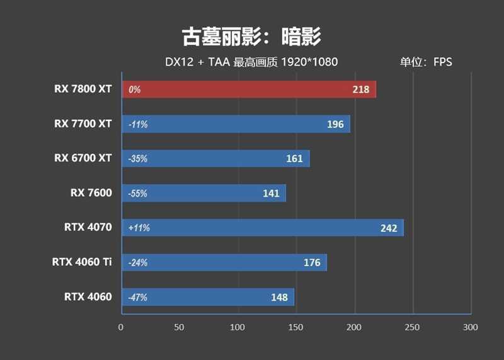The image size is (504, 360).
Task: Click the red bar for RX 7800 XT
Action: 248,90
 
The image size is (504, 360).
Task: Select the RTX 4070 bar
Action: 262,228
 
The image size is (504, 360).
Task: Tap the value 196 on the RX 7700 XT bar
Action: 335,124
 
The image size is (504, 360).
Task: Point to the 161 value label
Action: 294,158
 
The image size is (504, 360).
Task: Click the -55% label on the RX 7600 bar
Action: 137,194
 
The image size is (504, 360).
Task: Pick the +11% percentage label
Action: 139,228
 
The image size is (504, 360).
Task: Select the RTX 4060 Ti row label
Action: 82,262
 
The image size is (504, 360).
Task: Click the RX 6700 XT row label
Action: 83,158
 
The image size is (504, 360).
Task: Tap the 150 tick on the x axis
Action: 295,327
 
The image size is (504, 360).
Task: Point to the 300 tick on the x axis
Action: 470,327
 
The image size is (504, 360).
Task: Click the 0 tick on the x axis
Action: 121,327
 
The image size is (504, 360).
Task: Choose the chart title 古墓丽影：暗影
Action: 251,37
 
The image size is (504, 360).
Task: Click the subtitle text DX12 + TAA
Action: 189,62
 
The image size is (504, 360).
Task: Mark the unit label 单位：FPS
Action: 425,62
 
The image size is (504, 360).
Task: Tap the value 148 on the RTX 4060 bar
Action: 279,297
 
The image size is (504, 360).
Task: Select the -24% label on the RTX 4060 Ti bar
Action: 137,262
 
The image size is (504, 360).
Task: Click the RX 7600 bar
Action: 203,193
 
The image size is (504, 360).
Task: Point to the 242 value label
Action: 389,228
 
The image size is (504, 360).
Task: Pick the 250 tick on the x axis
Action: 412,327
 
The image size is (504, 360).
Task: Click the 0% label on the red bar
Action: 134,90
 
